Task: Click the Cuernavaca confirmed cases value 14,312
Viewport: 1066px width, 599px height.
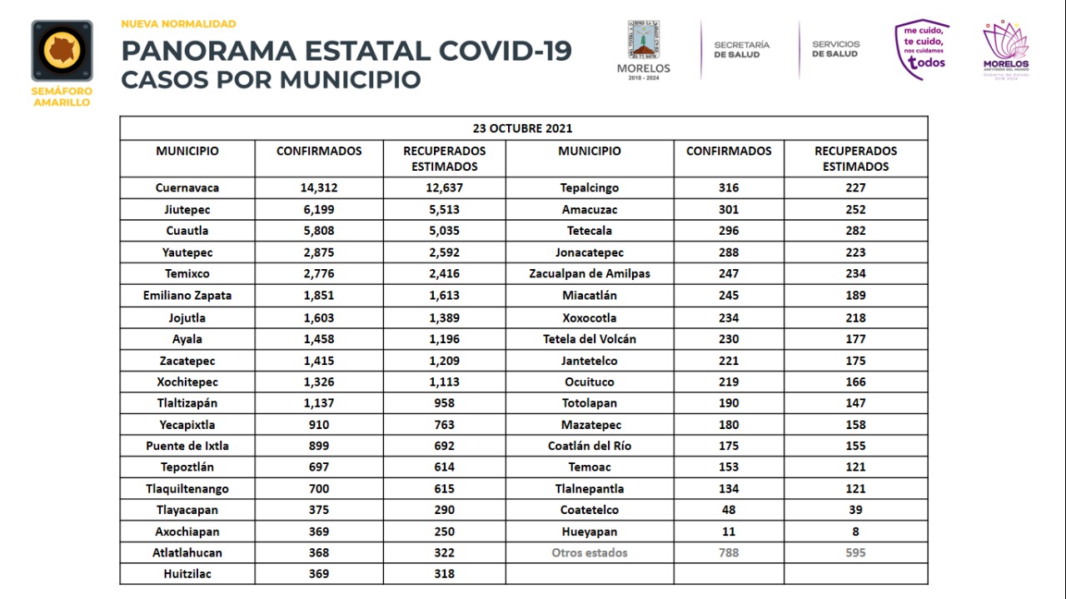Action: tap(319, 187)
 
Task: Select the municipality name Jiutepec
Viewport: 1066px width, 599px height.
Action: tap(187, 209)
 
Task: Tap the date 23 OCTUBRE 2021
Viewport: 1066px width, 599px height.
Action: tap(522, 128)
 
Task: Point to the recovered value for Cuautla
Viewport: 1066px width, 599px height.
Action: tap(445, 231)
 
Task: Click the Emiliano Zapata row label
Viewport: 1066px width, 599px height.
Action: tap(187, 296)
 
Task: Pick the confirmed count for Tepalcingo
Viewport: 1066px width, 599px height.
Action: tap(729, 187)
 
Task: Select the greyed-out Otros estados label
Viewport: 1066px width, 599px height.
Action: tap(590, 553)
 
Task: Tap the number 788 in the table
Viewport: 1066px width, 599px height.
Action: tap(729, 553)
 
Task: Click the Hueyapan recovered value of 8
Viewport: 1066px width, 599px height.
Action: tap(855, 532)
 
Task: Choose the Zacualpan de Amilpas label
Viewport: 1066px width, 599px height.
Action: tap(590, 274)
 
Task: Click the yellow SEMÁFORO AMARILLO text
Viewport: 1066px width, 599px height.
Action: tap(62, 97)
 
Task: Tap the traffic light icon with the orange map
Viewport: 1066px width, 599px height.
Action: tap(62, 51)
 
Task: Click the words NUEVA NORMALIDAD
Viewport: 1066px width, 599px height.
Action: tap(178, 24)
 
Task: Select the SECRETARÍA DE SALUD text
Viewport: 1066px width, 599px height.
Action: tap(741, 49)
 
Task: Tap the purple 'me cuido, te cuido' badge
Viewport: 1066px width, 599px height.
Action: tap(922, 49)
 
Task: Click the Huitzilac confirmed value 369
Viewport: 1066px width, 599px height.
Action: tap(319, 574)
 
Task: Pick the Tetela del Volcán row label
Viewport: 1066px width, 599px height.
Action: tap(590, 339)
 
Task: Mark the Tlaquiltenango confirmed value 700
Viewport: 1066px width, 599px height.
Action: tap(319, 488)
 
